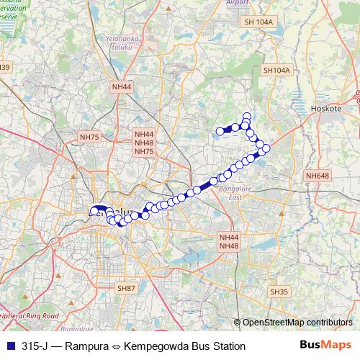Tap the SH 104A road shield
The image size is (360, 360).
259,22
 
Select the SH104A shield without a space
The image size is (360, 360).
276,71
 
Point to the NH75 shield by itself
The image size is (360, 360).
89,137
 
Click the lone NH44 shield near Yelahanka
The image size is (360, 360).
122,86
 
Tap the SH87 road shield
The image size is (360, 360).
126,288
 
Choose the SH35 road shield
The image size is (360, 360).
279,292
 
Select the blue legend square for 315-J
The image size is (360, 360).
9,346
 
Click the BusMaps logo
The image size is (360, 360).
325,345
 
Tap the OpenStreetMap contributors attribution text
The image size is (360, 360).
297,322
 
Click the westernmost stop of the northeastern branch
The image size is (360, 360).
220,131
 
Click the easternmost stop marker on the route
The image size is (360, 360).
266,148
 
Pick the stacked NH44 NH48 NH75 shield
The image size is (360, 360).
144,143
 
